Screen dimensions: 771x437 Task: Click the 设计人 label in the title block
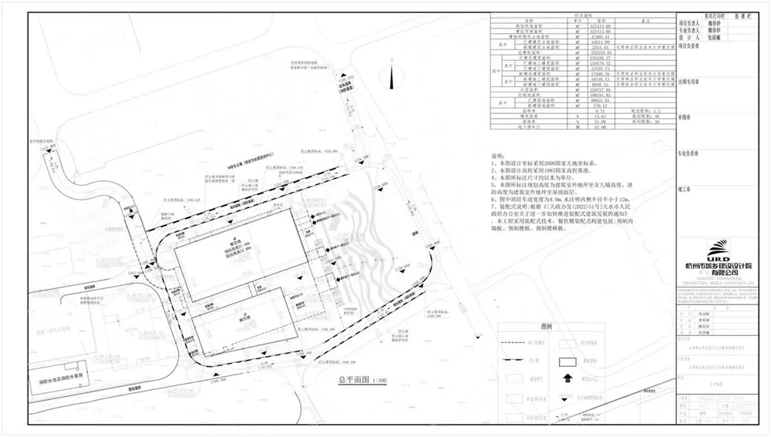(688, 36)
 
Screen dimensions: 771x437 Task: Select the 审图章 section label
(685, 119)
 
